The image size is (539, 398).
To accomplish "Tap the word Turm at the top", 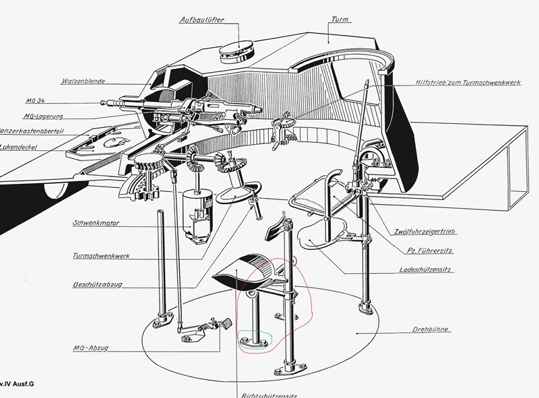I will click(x=342, y=21).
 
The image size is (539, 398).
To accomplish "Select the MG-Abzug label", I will click(x=94, y=348).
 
